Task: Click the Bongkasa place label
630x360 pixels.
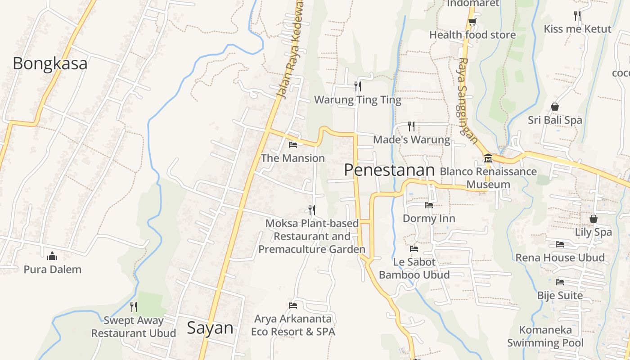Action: point(50,63)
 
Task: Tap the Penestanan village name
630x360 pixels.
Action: point(389,170)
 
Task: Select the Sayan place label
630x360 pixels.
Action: point(210,328)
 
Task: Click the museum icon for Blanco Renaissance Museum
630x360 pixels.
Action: point(488,158)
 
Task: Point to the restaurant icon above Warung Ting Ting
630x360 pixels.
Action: point(358,86)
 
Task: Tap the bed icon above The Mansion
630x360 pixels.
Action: point(293,145)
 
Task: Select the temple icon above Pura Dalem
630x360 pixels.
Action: point(52,256)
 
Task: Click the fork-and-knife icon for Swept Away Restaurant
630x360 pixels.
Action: point(134,307)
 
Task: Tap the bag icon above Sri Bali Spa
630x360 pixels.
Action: point(555,107)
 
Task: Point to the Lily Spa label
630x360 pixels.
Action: point(594,232)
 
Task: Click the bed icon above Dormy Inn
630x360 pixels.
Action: point(428,205)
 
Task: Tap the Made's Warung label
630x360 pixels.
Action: point(411,139)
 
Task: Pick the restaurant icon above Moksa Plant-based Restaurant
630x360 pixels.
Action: point(311,210)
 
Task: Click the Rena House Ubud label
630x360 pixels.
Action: point(560,258)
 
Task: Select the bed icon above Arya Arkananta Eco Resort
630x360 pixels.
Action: point(293,306)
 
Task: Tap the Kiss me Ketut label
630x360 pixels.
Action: point(577,29)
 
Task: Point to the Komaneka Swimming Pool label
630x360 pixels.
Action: point(545,336)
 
